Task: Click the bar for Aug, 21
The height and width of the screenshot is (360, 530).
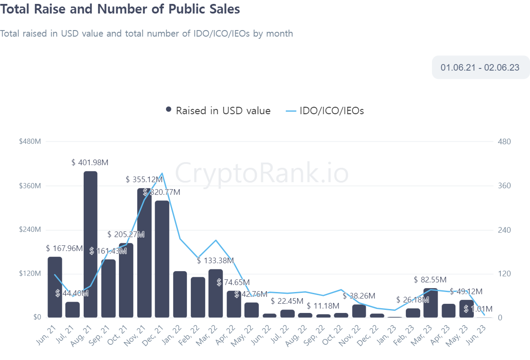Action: click(x=90, y=244)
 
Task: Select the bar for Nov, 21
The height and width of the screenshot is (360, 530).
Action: click(x=144, y=253)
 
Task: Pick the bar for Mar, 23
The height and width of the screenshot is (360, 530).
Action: click(x=431, y=302)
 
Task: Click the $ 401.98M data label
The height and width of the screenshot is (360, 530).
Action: click(x=90, y=163)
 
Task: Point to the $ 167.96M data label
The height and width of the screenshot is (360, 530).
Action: click(x=64, y=248)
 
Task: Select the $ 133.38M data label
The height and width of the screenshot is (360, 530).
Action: click(x=215, y=261)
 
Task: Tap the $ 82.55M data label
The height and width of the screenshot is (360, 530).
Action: click(x=431, y=280)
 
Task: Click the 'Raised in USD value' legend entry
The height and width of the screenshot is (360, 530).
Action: click(x=218, y=111)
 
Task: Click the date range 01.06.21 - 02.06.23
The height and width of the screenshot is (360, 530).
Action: click(x=480, y=68)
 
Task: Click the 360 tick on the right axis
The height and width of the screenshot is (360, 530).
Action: click(x=504, y=186)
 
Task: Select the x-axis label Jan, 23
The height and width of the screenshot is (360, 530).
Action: click(x=391, y=333)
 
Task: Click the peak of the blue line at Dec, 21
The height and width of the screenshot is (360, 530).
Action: click(x=162, y=173)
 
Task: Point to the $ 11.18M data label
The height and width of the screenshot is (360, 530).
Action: click(x=323, y=306)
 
